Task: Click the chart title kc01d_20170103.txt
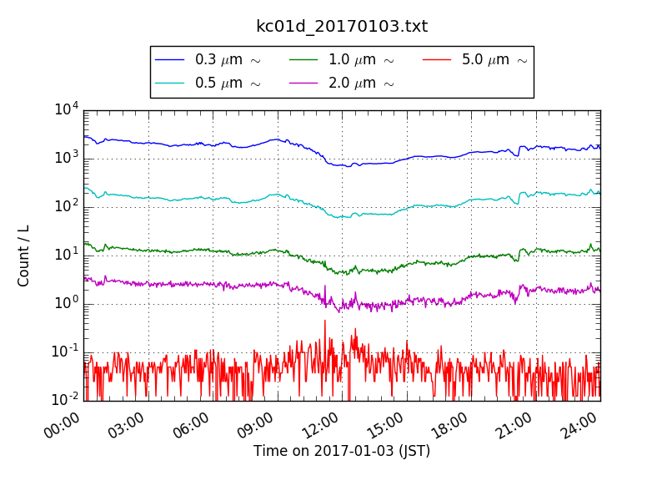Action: pyautogui.click(x=342, y=26)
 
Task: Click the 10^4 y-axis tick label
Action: pyautogui.click(x=67, y=109)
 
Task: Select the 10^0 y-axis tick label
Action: pyautogui.click(x=67, y=302)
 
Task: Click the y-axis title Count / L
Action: pyautogui.click(x=24, y=256)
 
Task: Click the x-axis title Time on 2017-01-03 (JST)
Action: pyautogui.click(x=342, y=451)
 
